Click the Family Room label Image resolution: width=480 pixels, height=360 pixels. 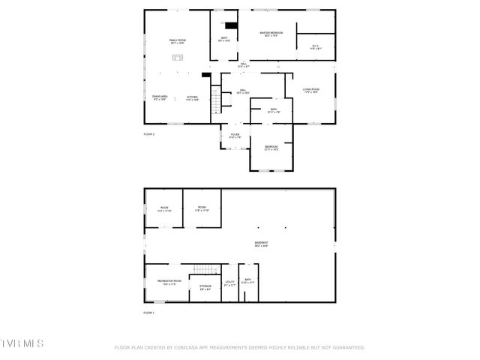coord(178,40)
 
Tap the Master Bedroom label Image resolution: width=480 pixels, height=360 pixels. coord(271,34)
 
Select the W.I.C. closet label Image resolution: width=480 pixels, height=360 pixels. coord(316,47)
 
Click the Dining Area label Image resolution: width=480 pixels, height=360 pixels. coord(160,97)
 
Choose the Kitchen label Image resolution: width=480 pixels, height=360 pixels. coord(192,97)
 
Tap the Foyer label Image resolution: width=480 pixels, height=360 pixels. coord(235,136)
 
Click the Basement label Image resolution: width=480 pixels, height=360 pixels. coord(261,244)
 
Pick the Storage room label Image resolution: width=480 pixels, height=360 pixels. coord(205,286)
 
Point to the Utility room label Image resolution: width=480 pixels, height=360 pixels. coord(230,283)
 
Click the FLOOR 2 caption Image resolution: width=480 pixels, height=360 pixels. coord(148,134)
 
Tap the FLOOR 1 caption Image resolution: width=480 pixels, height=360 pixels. coord(148,312)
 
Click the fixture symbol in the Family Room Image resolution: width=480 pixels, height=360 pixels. coord(178,56)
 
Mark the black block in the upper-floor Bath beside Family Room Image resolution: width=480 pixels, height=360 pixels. coord(230,25)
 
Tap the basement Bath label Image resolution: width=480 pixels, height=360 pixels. coord(247,282)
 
